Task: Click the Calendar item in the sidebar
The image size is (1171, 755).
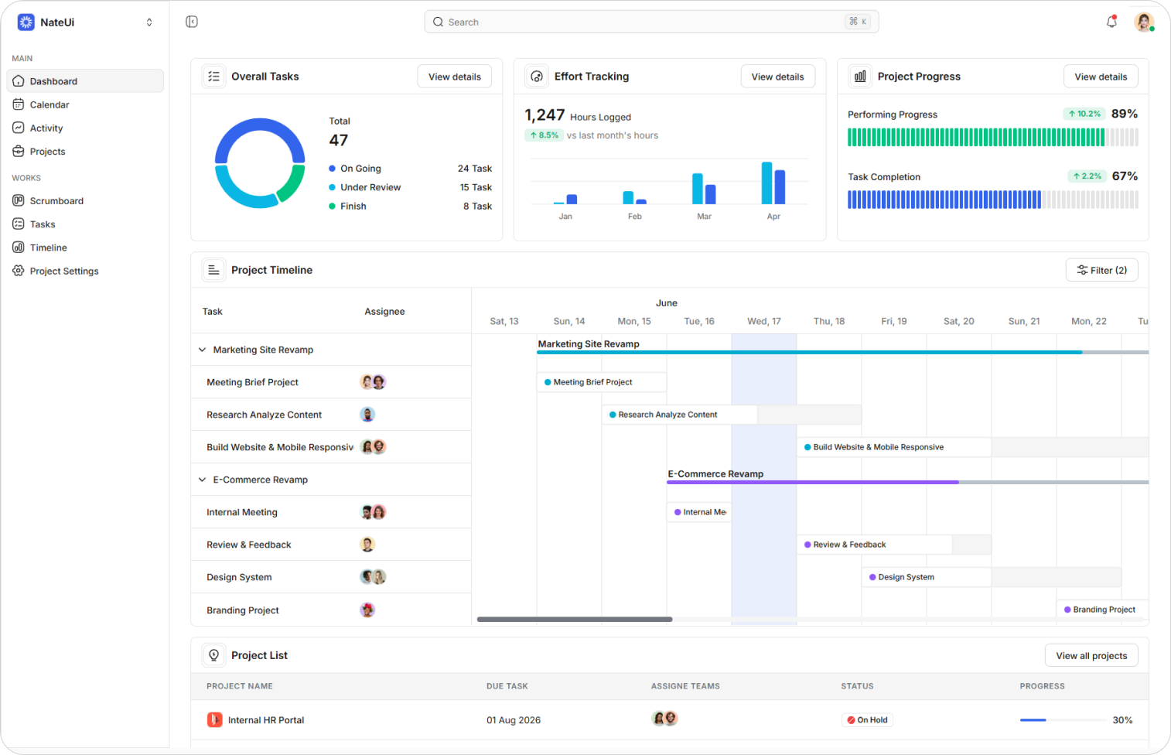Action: tap(50, 104)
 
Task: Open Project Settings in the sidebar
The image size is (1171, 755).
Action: tap(63, 271)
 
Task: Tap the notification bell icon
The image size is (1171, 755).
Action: tap(1111, 22)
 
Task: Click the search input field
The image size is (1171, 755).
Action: tap(651, 22)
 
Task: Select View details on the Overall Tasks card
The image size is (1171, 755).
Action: tap(454, 77)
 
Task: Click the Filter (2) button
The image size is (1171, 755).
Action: tap(1101, 270)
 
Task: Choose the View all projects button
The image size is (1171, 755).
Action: tap(1091, 656)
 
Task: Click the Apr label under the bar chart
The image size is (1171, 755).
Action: tap(773, 217)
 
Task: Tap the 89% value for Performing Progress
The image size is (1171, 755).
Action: tap(1125, 114)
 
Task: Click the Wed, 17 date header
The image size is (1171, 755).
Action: tap(763, 321)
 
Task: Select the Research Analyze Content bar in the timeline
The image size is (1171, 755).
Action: tap(732, 415)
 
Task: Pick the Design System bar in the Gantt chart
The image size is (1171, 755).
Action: tap(991, 577)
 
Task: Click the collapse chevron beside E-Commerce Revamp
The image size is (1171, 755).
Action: tap(203, 480)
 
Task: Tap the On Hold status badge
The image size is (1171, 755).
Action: tap(867, 720)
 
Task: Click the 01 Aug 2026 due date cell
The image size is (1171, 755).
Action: tap(514, 720)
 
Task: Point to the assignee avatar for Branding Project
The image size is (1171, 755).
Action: tap(367, 610)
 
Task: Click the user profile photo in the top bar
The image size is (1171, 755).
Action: tap(1144, 22)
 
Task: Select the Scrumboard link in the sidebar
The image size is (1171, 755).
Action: tap(56, 201)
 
